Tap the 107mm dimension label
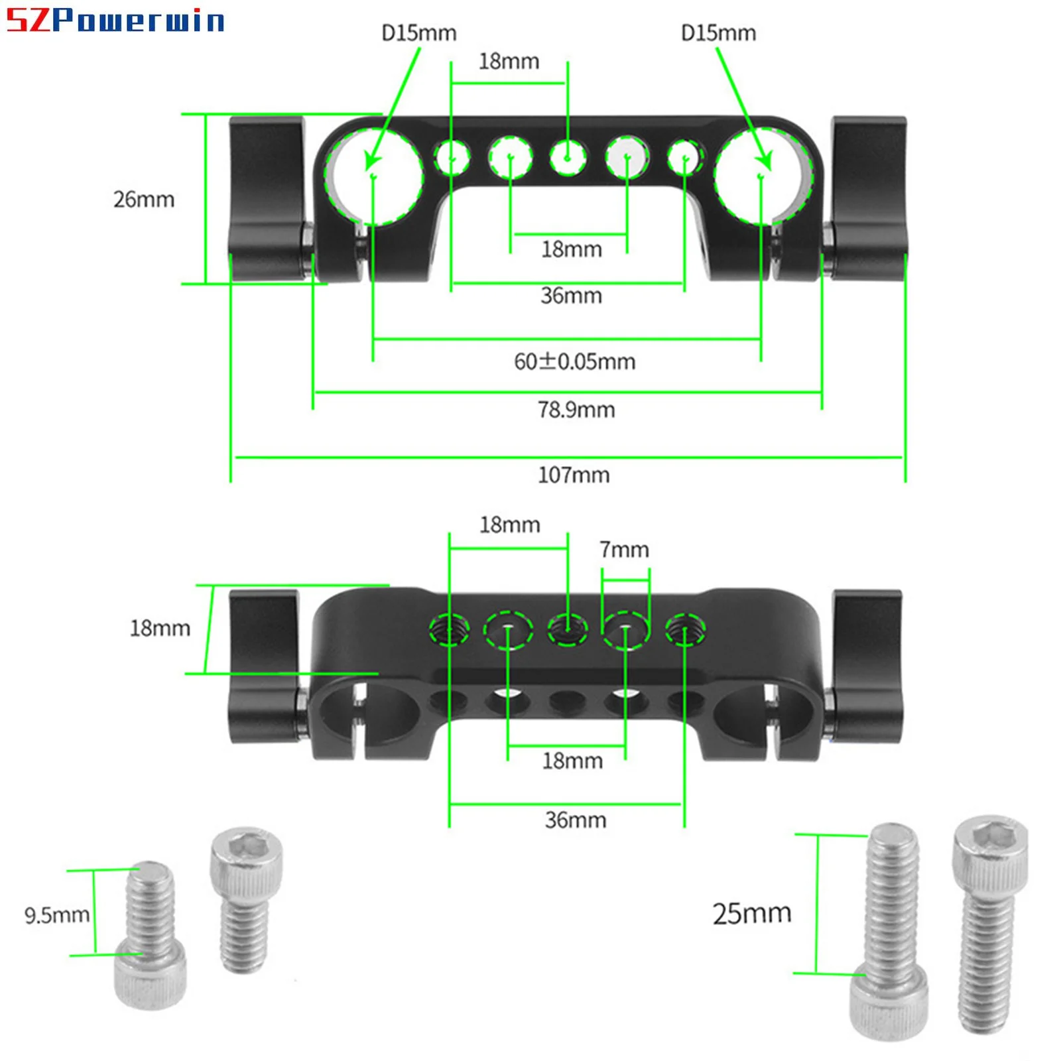coord(574,475)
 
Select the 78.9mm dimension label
coord(576,410)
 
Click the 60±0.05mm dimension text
coord(575,361)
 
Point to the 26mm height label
coord(144,200)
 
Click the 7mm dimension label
coord(624,550)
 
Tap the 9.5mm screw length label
coord(57,916)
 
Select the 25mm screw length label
coord(752,914)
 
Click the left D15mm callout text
coord(418,33)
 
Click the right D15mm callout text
coord(718,33)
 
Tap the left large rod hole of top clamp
coord(373,176)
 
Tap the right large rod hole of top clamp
coord(761,176)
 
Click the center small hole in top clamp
coord(568,158)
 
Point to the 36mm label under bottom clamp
coord(576,820)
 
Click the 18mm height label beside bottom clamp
coord(160,628)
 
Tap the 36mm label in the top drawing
coord(571,295)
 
